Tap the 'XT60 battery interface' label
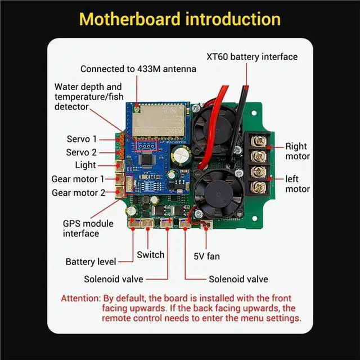pyautogui.click(x=252, y=57)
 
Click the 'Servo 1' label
pyautogui.click(x=82, y=138)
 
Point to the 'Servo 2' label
pyautogui.click(x=82, y=152)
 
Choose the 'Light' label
pyautogui.click(x=85, y=165)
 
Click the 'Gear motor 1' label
pyautogui.click(x=78, y=179)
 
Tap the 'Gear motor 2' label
pyautogui.click(x=78, y=192)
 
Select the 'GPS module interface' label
pyautogui.click(x=81, y=228)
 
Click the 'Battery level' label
pyautogui.click(x=91, y=262)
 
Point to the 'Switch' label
pyautogui.click(x=151, y=255)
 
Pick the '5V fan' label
pyautogui.click(x=206, y=256)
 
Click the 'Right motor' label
pyautogui.click(x=296, y=151)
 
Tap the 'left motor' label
pyautogui.click(x=297, y=184)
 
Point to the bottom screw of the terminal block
pyautogui.click(x=258, y=186)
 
